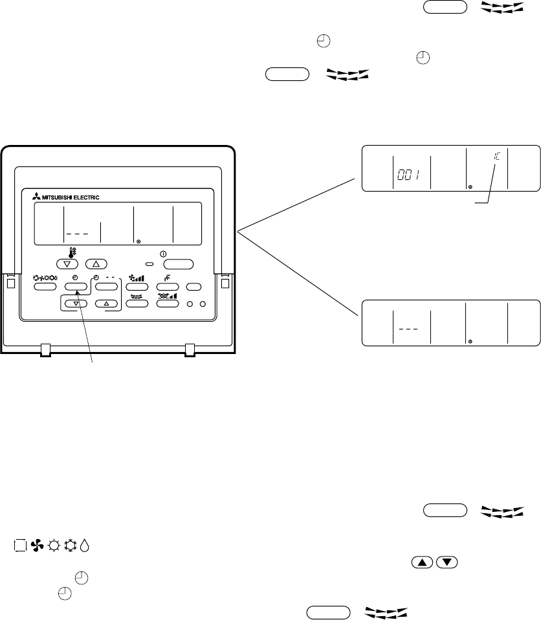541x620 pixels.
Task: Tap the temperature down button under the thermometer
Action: (x=67, y=264)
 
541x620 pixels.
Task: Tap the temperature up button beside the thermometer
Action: (x=95, y=264)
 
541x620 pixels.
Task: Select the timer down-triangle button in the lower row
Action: (x=76, y=303)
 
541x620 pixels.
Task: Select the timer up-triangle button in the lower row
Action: (x=106, y=303)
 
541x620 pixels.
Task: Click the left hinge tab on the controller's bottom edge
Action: (x=45, y=350)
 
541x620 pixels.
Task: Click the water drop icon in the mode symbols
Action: (x=87, y=546)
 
